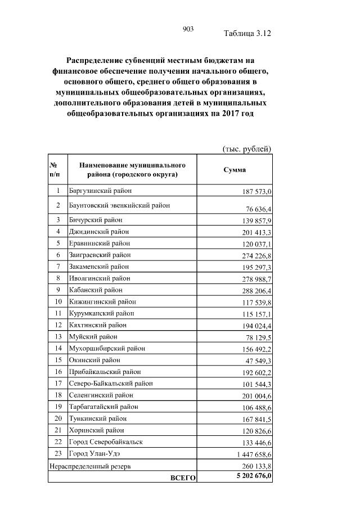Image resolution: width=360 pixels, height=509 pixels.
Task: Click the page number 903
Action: [188, 29]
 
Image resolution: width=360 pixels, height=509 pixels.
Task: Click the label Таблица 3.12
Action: [247, 33]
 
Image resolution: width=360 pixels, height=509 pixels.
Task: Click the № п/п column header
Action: [55, 170]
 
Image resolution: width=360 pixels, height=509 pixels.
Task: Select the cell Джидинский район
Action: [98, 231]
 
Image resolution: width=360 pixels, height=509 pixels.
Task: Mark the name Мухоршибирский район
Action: [103, 348]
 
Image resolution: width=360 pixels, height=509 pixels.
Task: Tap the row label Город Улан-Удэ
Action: [94, 453]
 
